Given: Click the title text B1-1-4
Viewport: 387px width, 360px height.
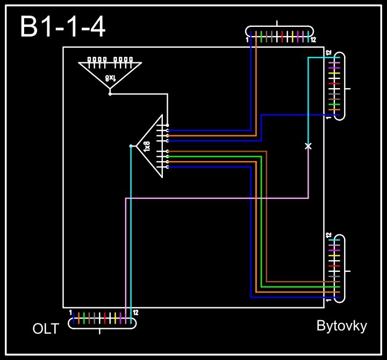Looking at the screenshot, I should click(62, 27).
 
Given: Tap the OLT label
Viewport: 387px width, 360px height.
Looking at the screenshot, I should click(46, 329).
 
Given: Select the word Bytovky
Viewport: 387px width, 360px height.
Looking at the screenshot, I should click(341, 326).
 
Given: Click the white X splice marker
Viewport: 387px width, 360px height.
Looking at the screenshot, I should click(308, 146).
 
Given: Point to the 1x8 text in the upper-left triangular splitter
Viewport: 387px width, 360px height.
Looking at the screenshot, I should click(110, 78).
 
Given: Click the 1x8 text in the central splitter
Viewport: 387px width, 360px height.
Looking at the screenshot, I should click(147, 146).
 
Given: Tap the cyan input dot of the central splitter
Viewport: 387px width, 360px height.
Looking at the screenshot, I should click(131, 146).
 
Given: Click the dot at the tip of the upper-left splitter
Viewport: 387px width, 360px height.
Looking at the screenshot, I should click(110, 93).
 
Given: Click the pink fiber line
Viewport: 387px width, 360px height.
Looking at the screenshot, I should click(215, 198).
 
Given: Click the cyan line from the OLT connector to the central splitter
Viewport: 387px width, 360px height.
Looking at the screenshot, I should click(131, 231).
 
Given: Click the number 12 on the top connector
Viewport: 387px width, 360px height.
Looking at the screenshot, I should click(313, 40).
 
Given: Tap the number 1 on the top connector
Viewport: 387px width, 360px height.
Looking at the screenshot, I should click(247, 40).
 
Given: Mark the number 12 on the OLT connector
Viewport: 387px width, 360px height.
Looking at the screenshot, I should click(135, 312).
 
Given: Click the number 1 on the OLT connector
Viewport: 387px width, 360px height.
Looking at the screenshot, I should click(70, 312).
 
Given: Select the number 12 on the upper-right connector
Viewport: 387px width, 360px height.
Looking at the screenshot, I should click(328, 54).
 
